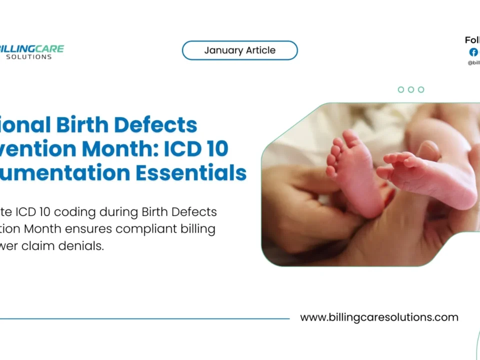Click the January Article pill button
(x=239, y=50)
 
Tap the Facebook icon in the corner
(x=473, y=52)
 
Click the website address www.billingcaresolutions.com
(x=379, y=317)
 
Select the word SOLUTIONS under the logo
(x=28, y=57)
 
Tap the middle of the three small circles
(x=411, y=89)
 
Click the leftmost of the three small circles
(x=401, y=89)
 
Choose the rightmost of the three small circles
(x=421, y=89)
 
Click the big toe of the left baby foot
(x=350, y=137)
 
